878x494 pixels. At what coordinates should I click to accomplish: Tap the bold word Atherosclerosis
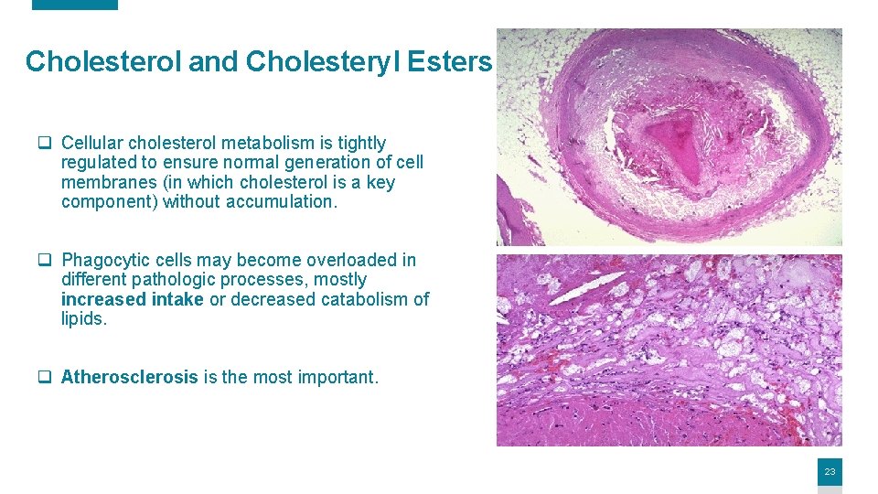pos(129,377)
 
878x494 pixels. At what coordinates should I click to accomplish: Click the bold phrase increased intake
pos(132,300)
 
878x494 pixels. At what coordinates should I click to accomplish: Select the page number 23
pos(830,472)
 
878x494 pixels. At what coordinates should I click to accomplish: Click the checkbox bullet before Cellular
pos(43,144)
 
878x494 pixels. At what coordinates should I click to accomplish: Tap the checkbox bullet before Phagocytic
pos(43,261)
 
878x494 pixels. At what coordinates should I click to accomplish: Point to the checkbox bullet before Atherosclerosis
pos(43,378)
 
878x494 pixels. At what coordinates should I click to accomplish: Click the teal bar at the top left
pos(75,5)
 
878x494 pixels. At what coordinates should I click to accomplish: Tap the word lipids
pos(83,320)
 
